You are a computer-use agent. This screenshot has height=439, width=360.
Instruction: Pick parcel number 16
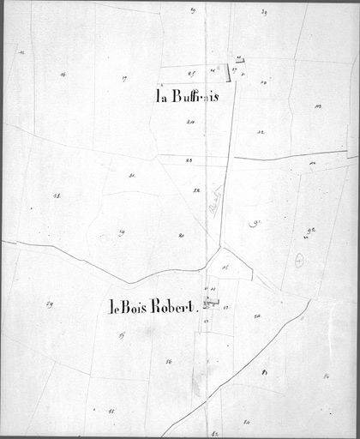[x=63, y=75]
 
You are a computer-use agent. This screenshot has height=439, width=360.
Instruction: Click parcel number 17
[x=124, y=78]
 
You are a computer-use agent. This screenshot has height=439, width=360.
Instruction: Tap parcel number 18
[x=57, y=195]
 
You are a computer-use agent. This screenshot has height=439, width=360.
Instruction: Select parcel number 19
[x=122, y=232]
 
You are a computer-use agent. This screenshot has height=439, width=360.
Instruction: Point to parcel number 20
[x=182, y=235]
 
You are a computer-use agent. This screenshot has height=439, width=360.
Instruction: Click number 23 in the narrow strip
[x=189, y=160]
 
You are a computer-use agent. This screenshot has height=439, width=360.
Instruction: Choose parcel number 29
[x=50, y=303]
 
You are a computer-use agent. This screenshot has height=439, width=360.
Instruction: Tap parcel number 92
[x=310, y=231]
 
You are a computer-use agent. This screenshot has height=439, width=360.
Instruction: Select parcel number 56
[x=169, y=362]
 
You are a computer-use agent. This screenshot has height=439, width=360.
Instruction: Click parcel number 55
[x=111, y=412]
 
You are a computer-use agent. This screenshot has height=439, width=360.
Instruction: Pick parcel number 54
[x=256, y=316]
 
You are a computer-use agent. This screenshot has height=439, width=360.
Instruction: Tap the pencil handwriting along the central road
[x=214, y=202]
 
